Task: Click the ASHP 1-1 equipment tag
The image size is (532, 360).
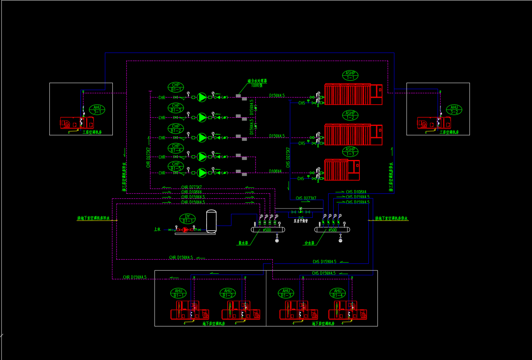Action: [x=350, y=75]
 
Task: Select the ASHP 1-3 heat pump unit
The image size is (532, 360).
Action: [x=342, y=170]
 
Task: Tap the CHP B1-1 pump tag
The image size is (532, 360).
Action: [x=176, y=87]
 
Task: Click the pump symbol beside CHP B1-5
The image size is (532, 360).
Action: [x=202, y=173]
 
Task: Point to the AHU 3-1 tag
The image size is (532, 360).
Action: [x=97, y=110]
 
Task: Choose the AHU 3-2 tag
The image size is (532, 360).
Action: [x=454, y=110]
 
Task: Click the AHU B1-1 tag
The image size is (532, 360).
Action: [x=178, y=293]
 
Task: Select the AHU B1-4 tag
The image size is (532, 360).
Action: [x=338, y=293]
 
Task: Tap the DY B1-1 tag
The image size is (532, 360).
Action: [x=187, y=219]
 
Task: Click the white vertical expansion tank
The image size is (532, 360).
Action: [x=211, y=221]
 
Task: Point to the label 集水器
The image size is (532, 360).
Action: [x=243, y=243]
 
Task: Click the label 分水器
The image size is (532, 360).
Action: [x=309, y=243]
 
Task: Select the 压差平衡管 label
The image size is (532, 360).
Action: [x=301, y=221]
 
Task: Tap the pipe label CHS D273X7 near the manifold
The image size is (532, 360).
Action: [x=306, y=198]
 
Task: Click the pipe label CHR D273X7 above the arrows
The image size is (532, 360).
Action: [x=192, y=187]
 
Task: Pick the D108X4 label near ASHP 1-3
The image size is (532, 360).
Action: [x=275, y=171]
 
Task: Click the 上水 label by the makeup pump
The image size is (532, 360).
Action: [x=157, y=229]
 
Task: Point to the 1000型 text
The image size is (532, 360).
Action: [x=257, y=86]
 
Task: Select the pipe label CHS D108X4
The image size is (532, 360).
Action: [x=356, y=192]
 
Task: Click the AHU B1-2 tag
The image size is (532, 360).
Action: [x=228, y=293]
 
